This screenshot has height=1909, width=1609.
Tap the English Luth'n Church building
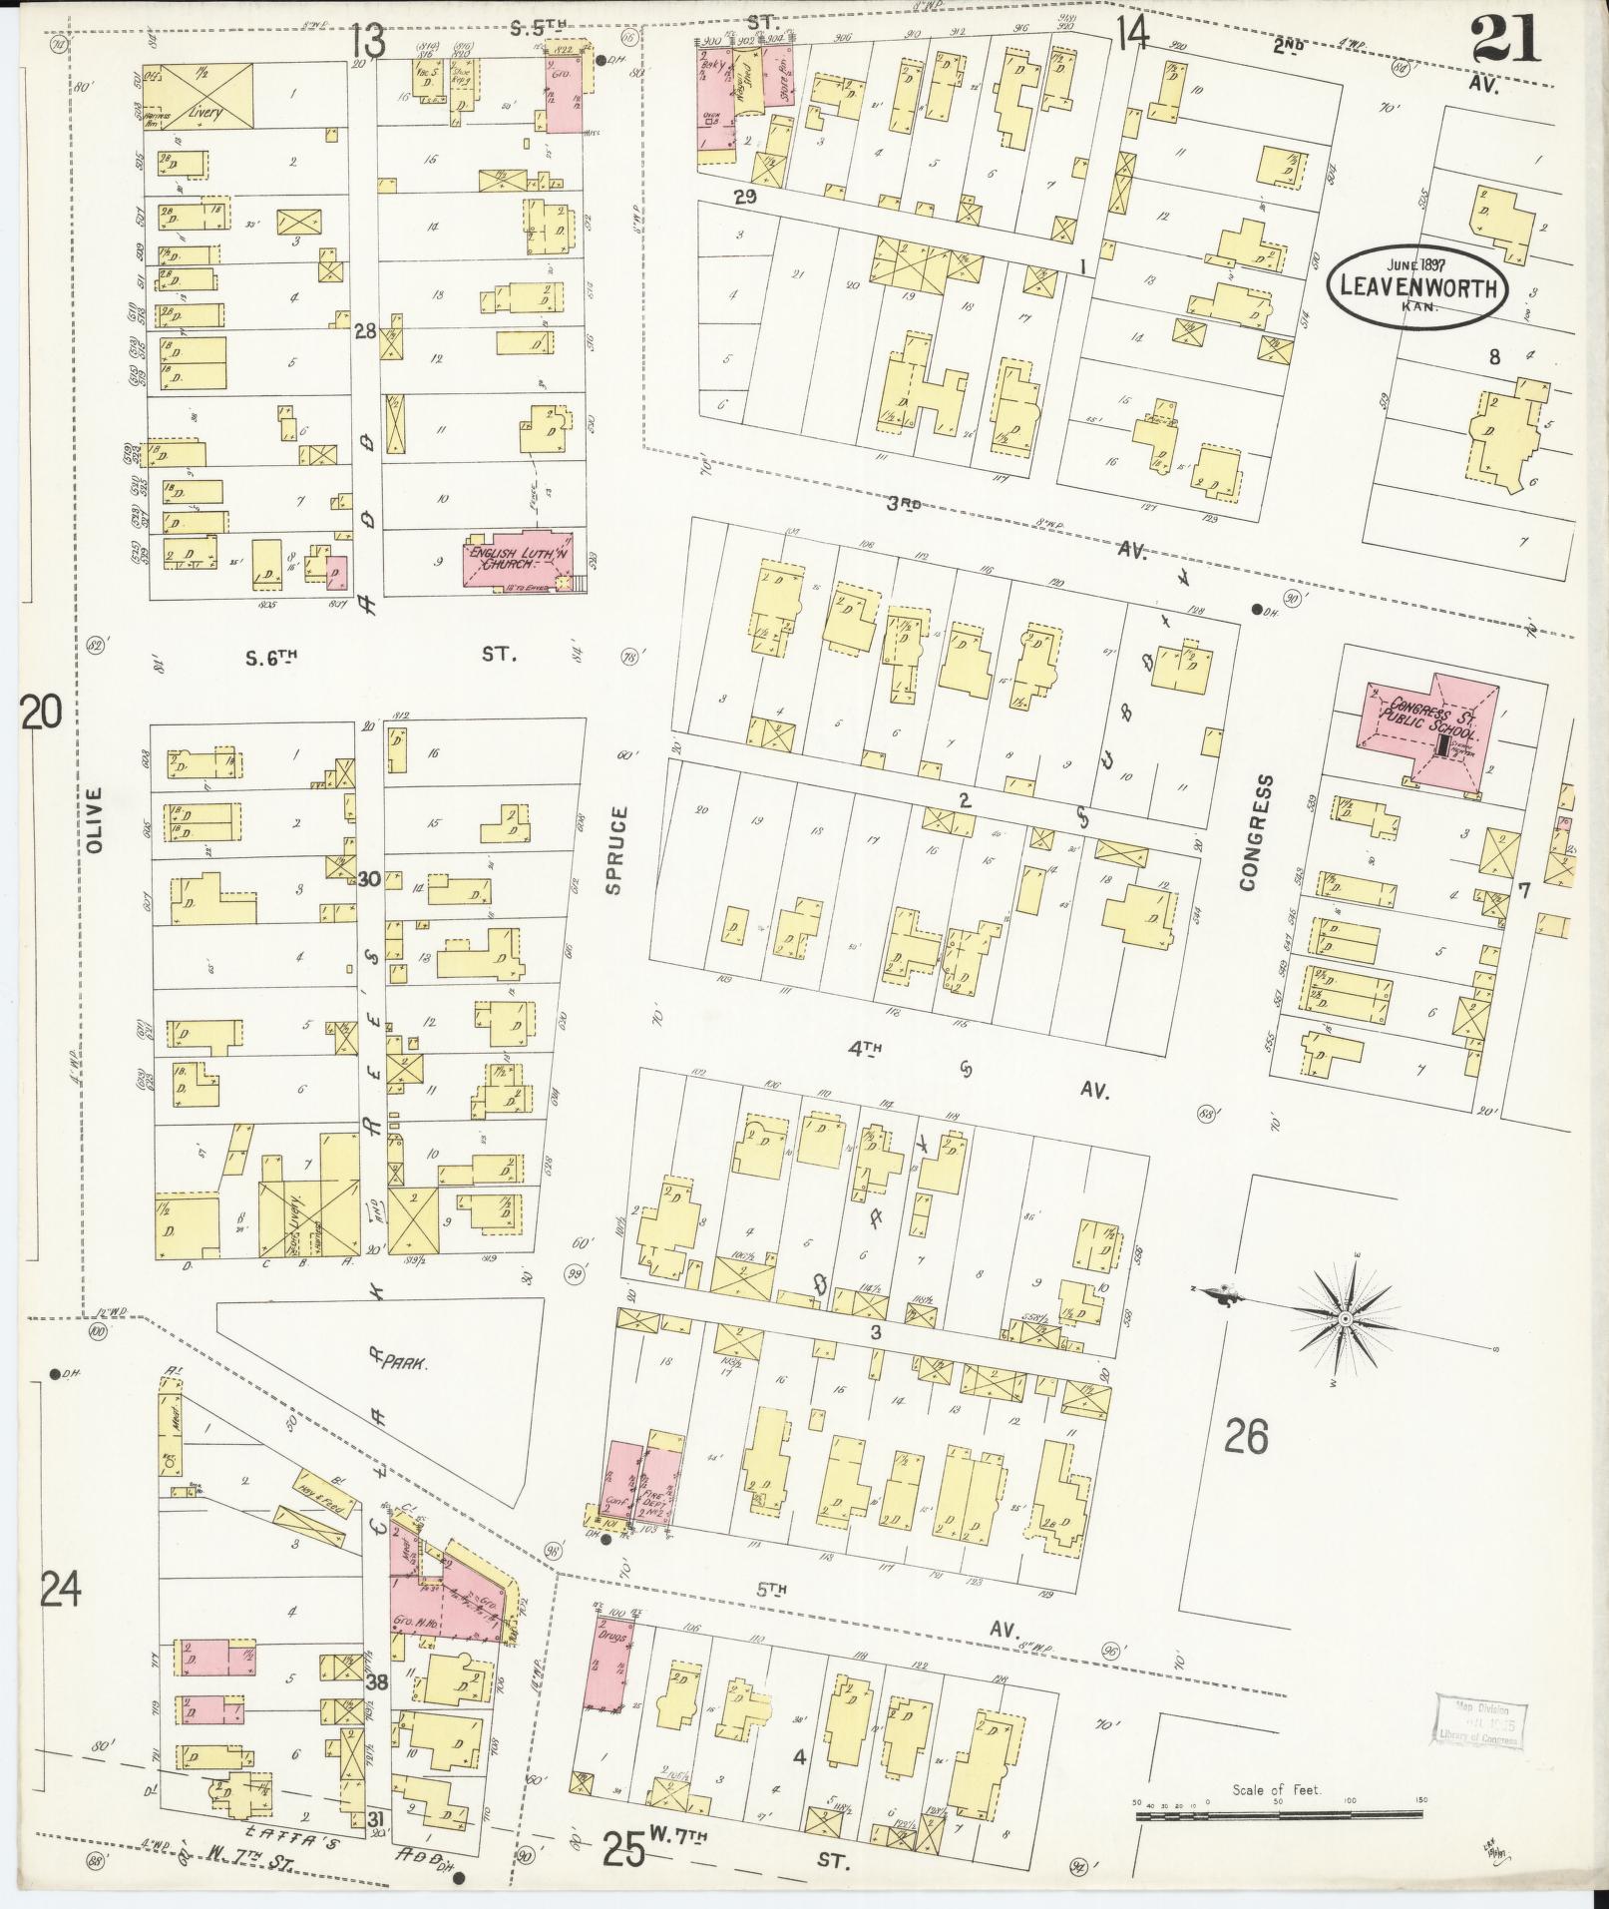click(x=517, y=560)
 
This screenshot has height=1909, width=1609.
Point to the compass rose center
click(x=1344, y=1319)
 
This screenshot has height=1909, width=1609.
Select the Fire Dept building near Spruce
click(x=661, y=1481)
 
